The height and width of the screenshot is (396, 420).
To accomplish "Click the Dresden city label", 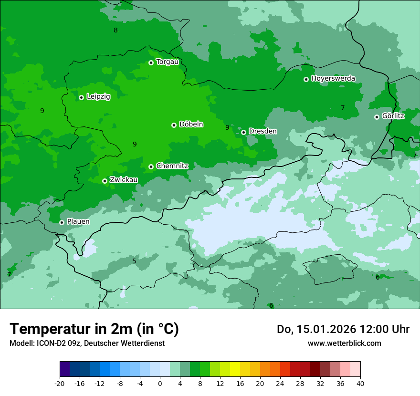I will pyautogui.click(x=262, y=131).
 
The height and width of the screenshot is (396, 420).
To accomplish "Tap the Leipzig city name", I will pyautogui.click(x=98, y=96).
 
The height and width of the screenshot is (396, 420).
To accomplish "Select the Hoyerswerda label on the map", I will pyautogui.click(x=333, y=78).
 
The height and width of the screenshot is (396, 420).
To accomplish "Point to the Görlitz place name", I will pyautogui.click(x=393, y=116).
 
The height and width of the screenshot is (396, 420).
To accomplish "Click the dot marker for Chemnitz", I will pyautogui.click(x=151, y=167).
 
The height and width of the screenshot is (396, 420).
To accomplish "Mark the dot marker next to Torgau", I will pyautogui.click(x=151, y=63).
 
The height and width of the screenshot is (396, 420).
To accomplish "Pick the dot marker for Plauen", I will pyautogui.click(x=62, y=222).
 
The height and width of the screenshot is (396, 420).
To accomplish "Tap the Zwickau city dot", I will pyautogui.click(x=105, y=181).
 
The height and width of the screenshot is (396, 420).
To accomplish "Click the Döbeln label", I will pyautogui.click(x=191, y=125).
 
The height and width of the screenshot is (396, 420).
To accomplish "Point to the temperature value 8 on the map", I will pyautogui.click(x=115, y=31).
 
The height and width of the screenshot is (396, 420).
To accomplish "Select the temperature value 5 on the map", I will pyautogui.click(x=134, y=261).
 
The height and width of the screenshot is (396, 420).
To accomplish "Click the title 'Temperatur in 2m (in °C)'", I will pyautogui.click(x=94, y=329).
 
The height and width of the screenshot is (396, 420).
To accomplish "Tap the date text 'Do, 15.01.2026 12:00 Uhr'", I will pyautogui.click(x=343, y=329).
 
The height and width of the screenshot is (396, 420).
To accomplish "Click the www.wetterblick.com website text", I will pyautogui.click(x=344, y=343).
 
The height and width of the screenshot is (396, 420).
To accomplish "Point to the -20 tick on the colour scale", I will pyautogui.click(x=60, y=384).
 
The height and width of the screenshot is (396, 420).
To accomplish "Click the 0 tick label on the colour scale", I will pyautogui.click(x=160, y=384).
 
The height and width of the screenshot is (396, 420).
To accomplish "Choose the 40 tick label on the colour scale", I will pyautogui.click(x=360, y=384).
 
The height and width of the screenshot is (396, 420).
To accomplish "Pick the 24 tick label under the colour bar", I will pyautogui.click(x=280, y=384).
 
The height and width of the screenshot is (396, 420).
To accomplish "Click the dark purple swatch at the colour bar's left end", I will pyautogui.click(x=64, y=369).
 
